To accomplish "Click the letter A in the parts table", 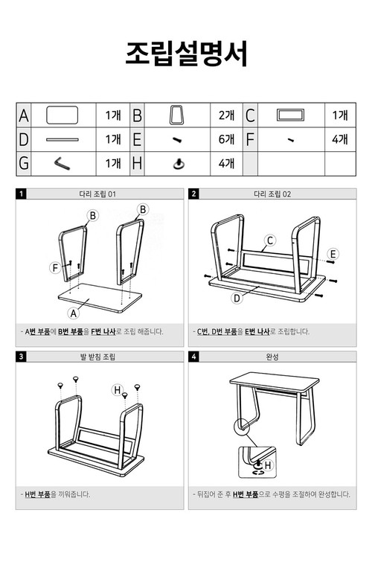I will (x=24, y=115).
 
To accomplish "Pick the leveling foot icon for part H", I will (x=178, y=163).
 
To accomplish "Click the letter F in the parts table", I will (x=250, y=139).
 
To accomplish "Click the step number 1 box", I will (x=22, y=194).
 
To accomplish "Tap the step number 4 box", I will (x=194, y=357).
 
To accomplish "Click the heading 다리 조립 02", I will (x=272, y=194).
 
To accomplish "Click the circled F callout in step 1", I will (x=54, y=267).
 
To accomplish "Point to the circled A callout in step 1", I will (x=73, y=313).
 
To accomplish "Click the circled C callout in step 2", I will (x=271, y=240).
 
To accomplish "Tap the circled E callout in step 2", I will (x=333, y=254).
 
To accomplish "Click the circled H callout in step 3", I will (x=117, y=389).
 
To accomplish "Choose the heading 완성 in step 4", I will (x=272, y=357).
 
